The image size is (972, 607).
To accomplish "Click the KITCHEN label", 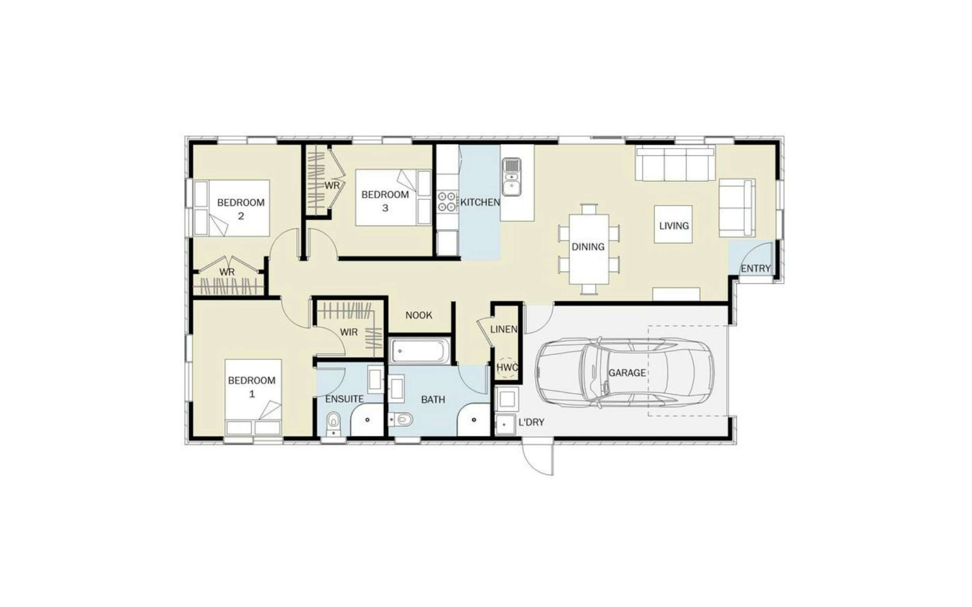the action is [480, 202].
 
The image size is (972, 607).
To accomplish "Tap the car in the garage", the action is [625, 373].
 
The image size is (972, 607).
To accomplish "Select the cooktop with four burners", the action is [447, 202].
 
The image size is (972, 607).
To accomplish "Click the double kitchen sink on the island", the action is [511, 177].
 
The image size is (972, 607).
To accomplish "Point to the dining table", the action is [589, 249].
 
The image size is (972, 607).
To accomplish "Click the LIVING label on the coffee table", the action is [673, 225].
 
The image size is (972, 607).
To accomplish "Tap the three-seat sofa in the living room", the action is [675, 163].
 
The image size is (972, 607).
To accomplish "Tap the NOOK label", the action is [419, 316].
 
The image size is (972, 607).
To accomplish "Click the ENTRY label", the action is [755, 268].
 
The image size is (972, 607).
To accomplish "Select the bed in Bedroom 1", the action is [253, 397].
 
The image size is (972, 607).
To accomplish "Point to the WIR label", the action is [349, 332].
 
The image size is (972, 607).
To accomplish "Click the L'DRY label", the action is [531, 422].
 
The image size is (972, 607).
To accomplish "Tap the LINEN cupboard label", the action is [504, 330].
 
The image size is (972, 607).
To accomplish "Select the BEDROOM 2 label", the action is [241, 209].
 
